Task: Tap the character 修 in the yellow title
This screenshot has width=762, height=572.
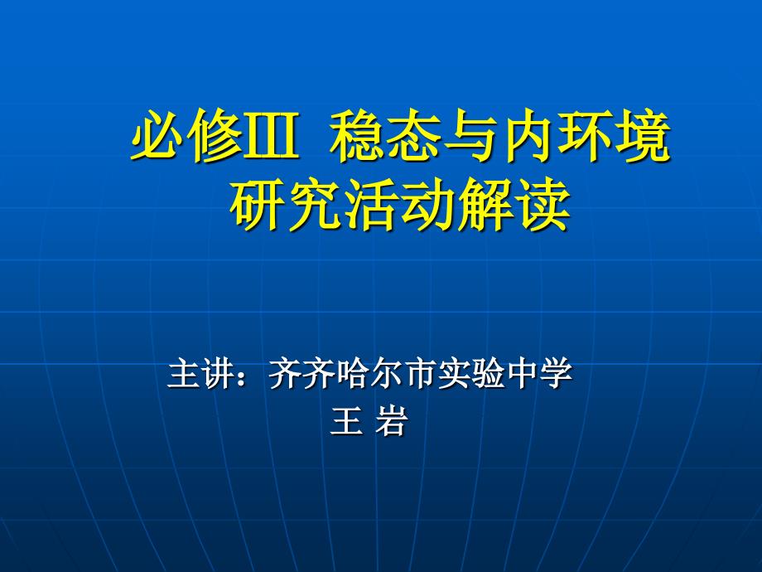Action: [215, 135]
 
